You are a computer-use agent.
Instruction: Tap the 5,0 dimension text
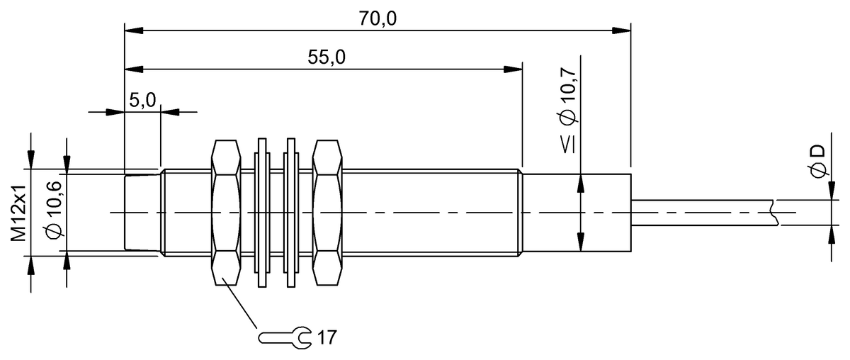point(142,100)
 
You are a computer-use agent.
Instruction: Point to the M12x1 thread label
point(19,213)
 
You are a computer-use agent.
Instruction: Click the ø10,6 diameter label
point(54,213)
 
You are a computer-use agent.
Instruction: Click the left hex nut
point(225,213)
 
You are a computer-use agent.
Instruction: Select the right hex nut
point(327,213)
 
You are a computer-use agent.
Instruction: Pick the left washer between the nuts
point(261,213)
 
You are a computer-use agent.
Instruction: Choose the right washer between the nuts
point(290,213)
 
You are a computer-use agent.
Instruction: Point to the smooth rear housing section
point(577,213)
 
